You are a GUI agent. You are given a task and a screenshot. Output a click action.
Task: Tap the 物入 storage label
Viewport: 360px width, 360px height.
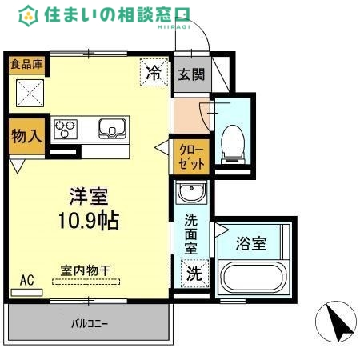tap(26, 137)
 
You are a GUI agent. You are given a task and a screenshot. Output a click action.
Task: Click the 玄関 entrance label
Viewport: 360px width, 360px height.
tap(191, 76)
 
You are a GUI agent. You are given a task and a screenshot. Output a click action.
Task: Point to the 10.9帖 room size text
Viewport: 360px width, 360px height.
tap(88, 220)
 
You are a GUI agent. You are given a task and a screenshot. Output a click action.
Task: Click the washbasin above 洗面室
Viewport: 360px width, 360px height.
tap(191, 193)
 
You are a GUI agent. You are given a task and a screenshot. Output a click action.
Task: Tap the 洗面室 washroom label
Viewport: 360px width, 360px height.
tap(191, 234)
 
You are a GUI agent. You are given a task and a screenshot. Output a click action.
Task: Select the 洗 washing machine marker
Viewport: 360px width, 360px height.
tap(194, 273)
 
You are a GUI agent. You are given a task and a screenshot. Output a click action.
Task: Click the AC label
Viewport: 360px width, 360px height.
tap(26, 280)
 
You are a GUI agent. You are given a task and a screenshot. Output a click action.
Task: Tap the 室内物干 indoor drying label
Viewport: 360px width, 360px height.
tap(86, 270)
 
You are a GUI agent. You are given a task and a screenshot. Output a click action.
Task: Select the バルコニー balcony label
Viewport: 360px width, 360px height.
tap(89, 324)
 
